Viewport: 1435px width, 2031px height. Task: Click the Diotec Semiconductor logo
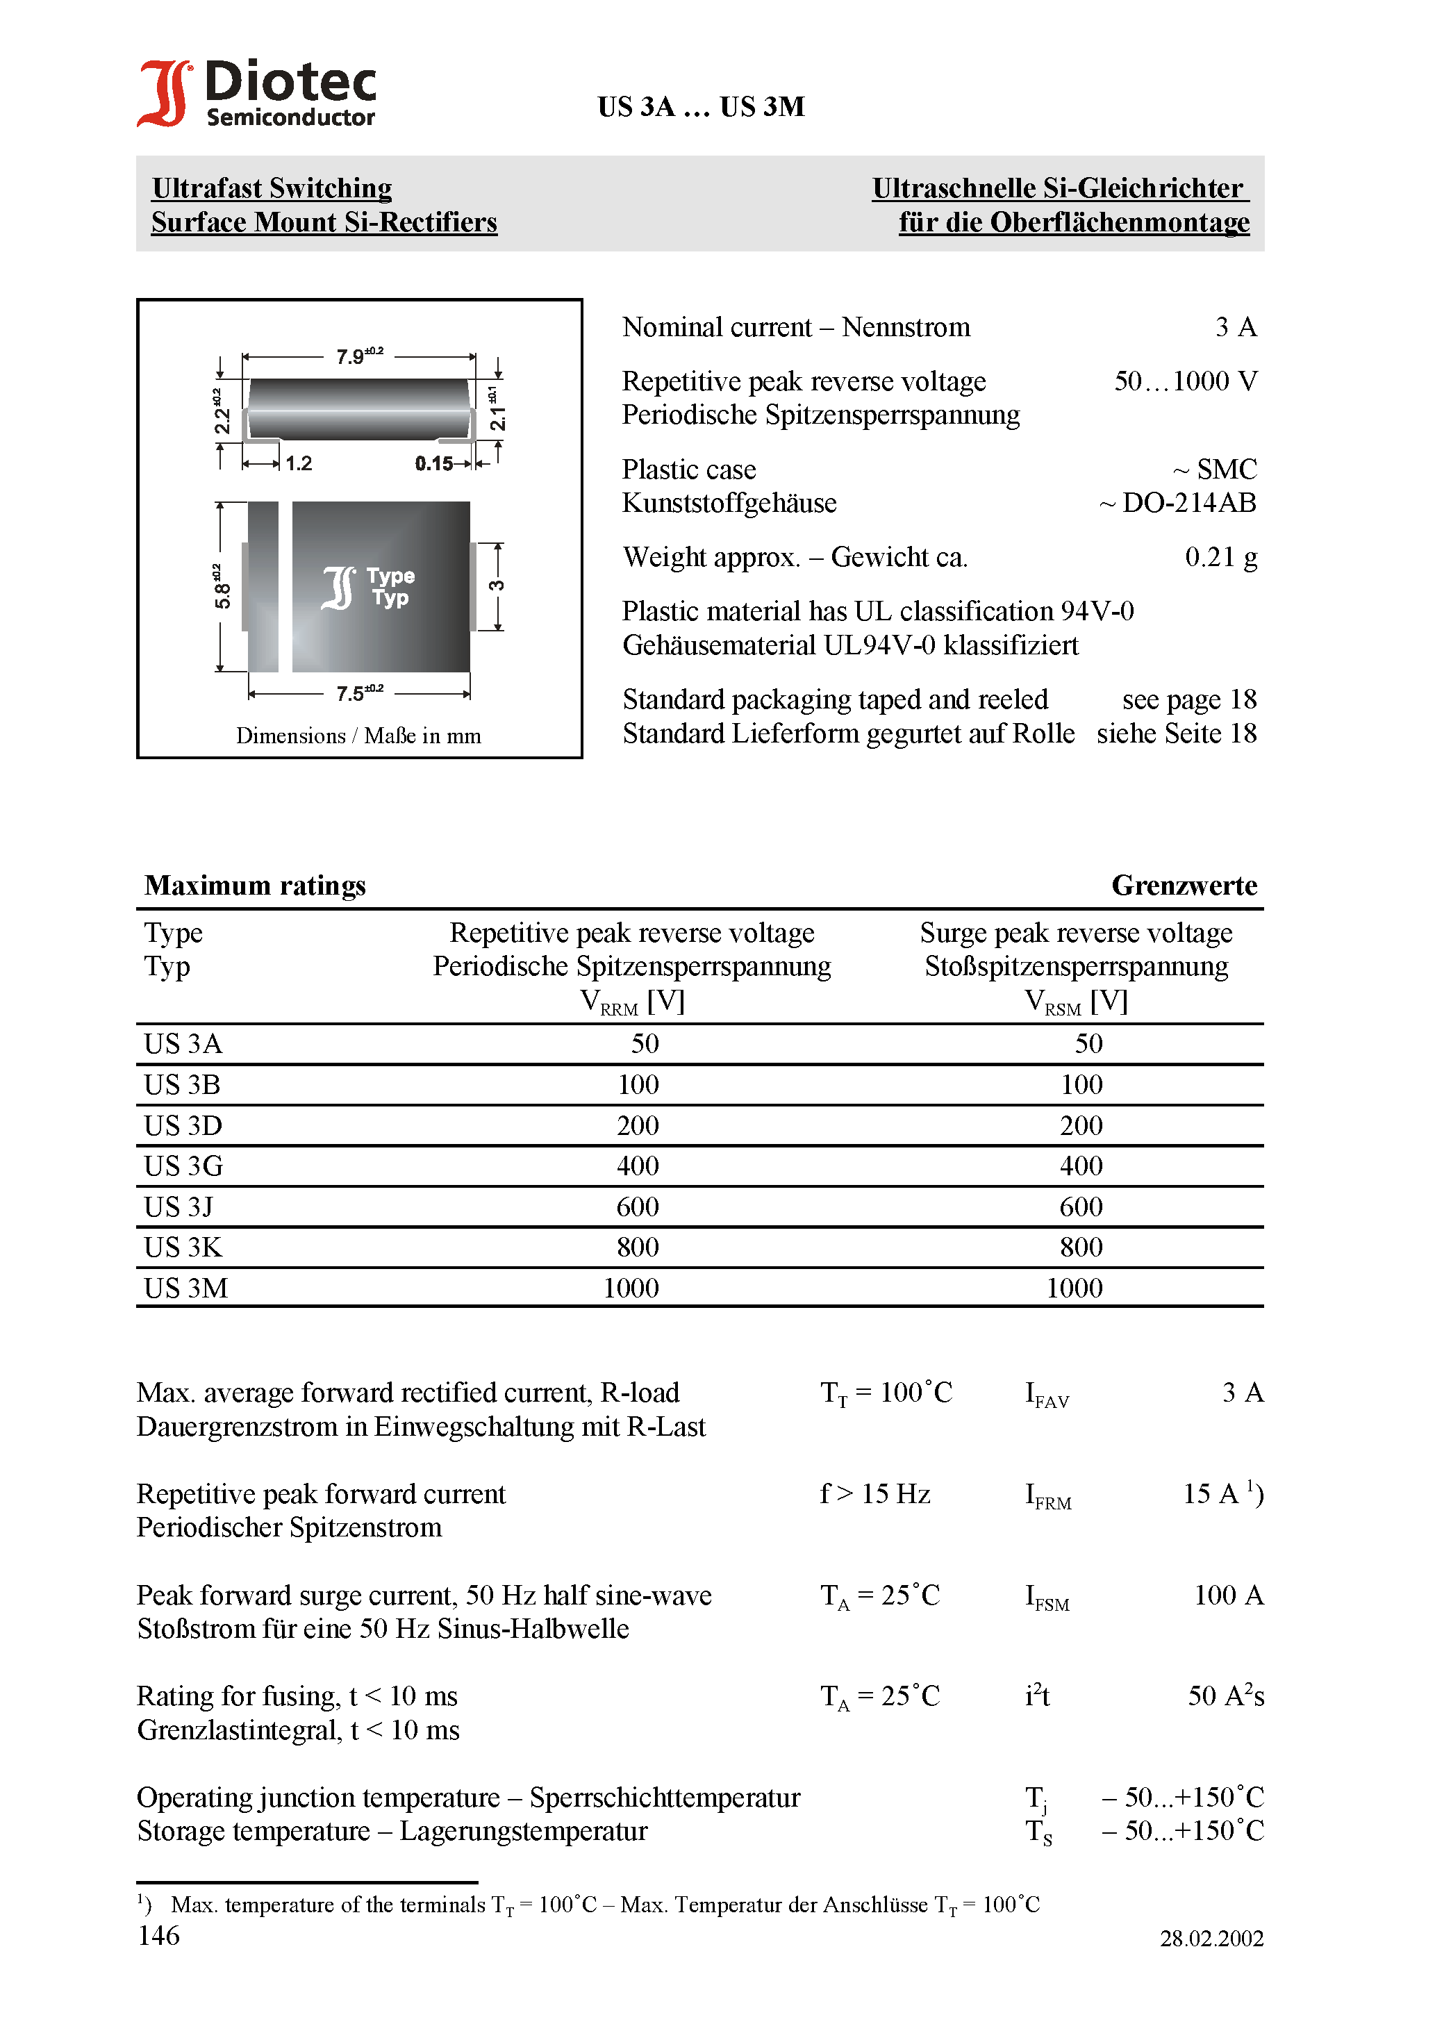point(256,93)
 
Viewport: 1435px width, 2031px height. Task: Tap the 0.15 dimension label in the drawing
point(433,463)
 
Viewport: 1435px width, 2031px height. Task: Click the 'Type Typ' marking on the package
point(389,586)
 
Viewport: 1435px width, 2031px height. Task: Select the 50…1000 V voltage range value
point(1185,381)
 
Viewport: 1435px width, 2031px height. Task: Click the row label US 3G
point(183,1166)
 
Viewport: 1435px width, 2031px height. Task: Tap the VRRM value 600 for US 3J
point(637,1207)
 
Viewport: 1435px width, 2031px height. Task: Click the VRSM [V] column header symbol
point(1075,1002)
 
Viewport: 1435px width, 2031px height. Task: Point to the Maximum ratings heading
point(255,886)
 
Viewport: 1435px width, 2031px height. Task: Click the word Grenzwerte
point(1184,886)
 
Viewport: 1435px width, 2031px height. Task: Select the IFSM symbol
point(1047,1598)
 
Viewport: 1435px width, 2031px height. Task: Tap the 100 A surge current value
point(1228,1595)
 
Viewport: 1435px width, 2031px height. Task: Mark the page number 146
point(158,1935)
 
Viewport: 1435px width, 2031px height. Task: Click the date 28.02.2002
point(1211,1938)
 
